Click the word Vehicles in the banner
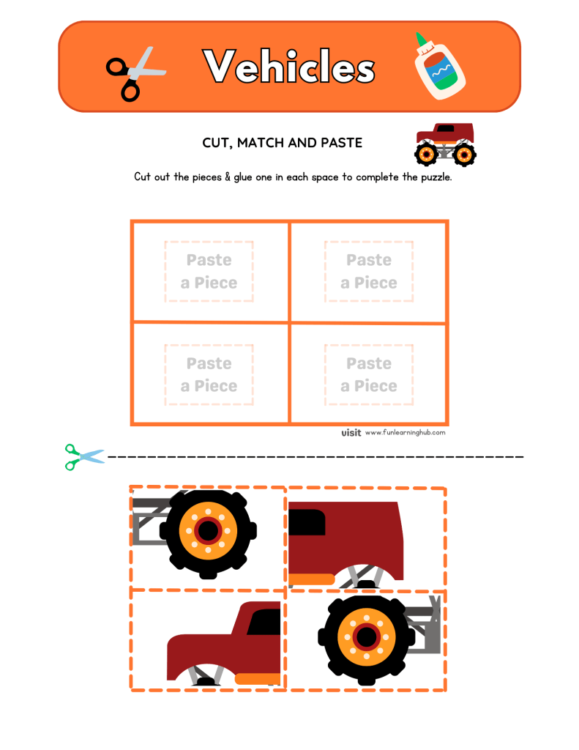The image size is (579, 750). pos(289,67)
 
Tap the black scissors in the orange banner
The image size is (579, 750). pos(134,72)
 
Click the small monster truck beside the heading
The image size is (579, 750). pos(446,144)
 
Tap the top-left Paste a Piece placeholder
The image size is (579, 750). pos(209,272)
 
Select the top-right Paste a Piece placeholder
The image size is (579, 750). pos(369,272)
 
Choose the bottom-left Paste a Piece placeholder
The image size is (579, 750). pos(209,375)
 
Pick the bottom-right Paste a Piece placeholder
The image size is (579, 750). pos(369,375)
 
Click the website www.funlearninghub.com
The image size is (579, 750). pos(405,433)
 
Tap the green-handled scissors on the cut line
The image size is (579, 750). pos(83,456)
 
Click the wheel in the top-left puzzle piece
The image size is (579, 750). pos(208,529)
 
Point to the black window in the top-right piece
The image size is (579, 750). pos(307,522)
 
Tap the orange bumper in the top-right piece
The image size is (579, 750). pos(311,579)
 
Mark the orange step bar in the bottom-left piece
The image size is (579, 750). pos(258,678)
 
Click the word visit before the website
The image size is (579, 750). pos(351,433)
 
